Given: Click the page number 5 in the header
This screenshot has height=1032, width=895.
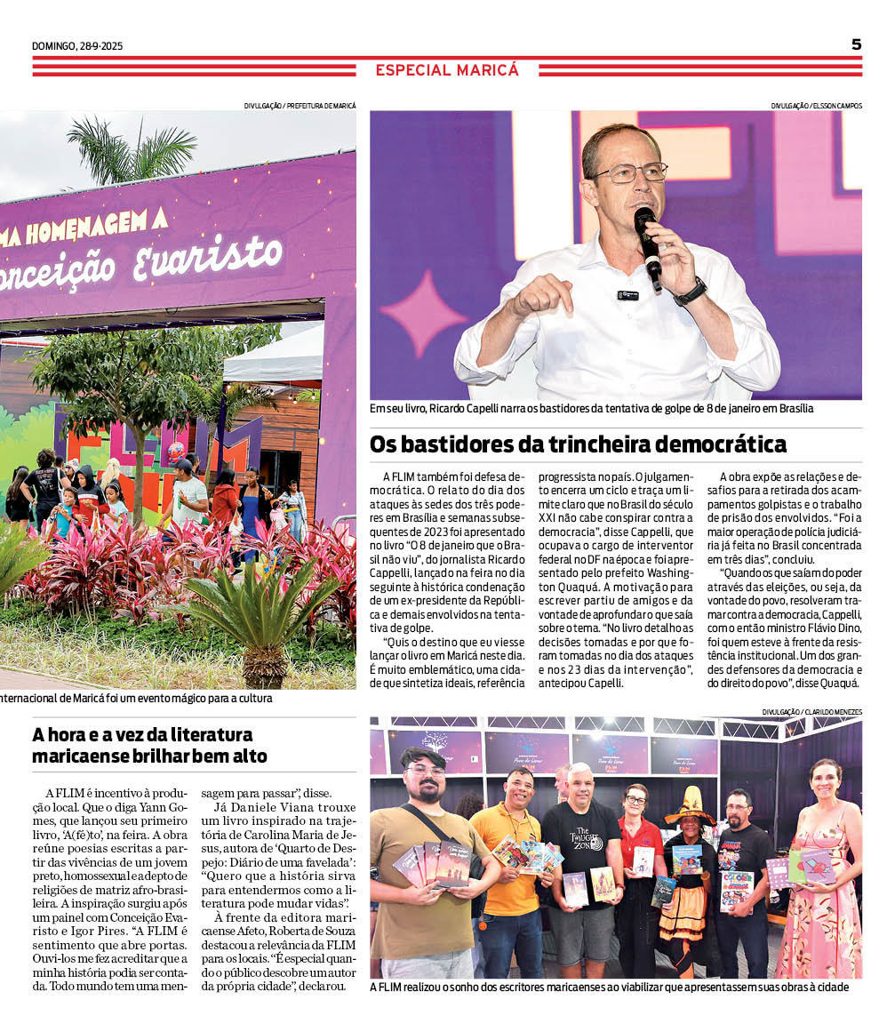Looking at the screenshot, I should pyautogui.click(x=856, y=44).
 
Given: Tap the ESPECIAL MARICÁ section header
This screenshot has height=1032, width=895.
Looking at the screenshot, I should pyautogui.click(x=447, y=69).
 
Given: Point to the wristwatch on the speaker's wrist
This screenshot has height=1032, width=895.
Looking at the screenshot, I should pyautogui.click(x=691, y=292).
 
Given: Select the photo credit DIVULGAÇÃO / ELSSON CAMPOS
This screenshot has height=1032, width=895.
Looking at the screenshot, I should pyautogui.click(x=816, y=106).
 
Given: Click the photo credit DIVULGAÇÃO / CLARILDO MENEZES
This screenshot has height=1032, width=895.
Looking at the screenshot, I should pyautogui.click(x=811, y=712).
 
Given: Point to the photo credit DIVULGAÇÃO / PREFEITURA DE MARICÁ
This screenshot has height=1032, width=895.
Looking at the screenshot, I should pyautogui.click(x=300, y=106).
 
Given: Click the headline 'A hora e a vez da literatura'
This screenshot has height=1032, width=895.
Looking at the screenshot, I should pyautogui.click(x=142, y=735).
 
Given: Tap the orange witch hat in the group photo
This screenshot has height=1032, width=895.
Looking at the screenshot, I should pyautogui.click(x=690, y=805).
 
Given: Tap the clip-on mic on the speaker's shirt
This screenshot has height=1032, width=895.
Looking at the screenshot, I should pyautogui.click(x=627, y=294).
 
